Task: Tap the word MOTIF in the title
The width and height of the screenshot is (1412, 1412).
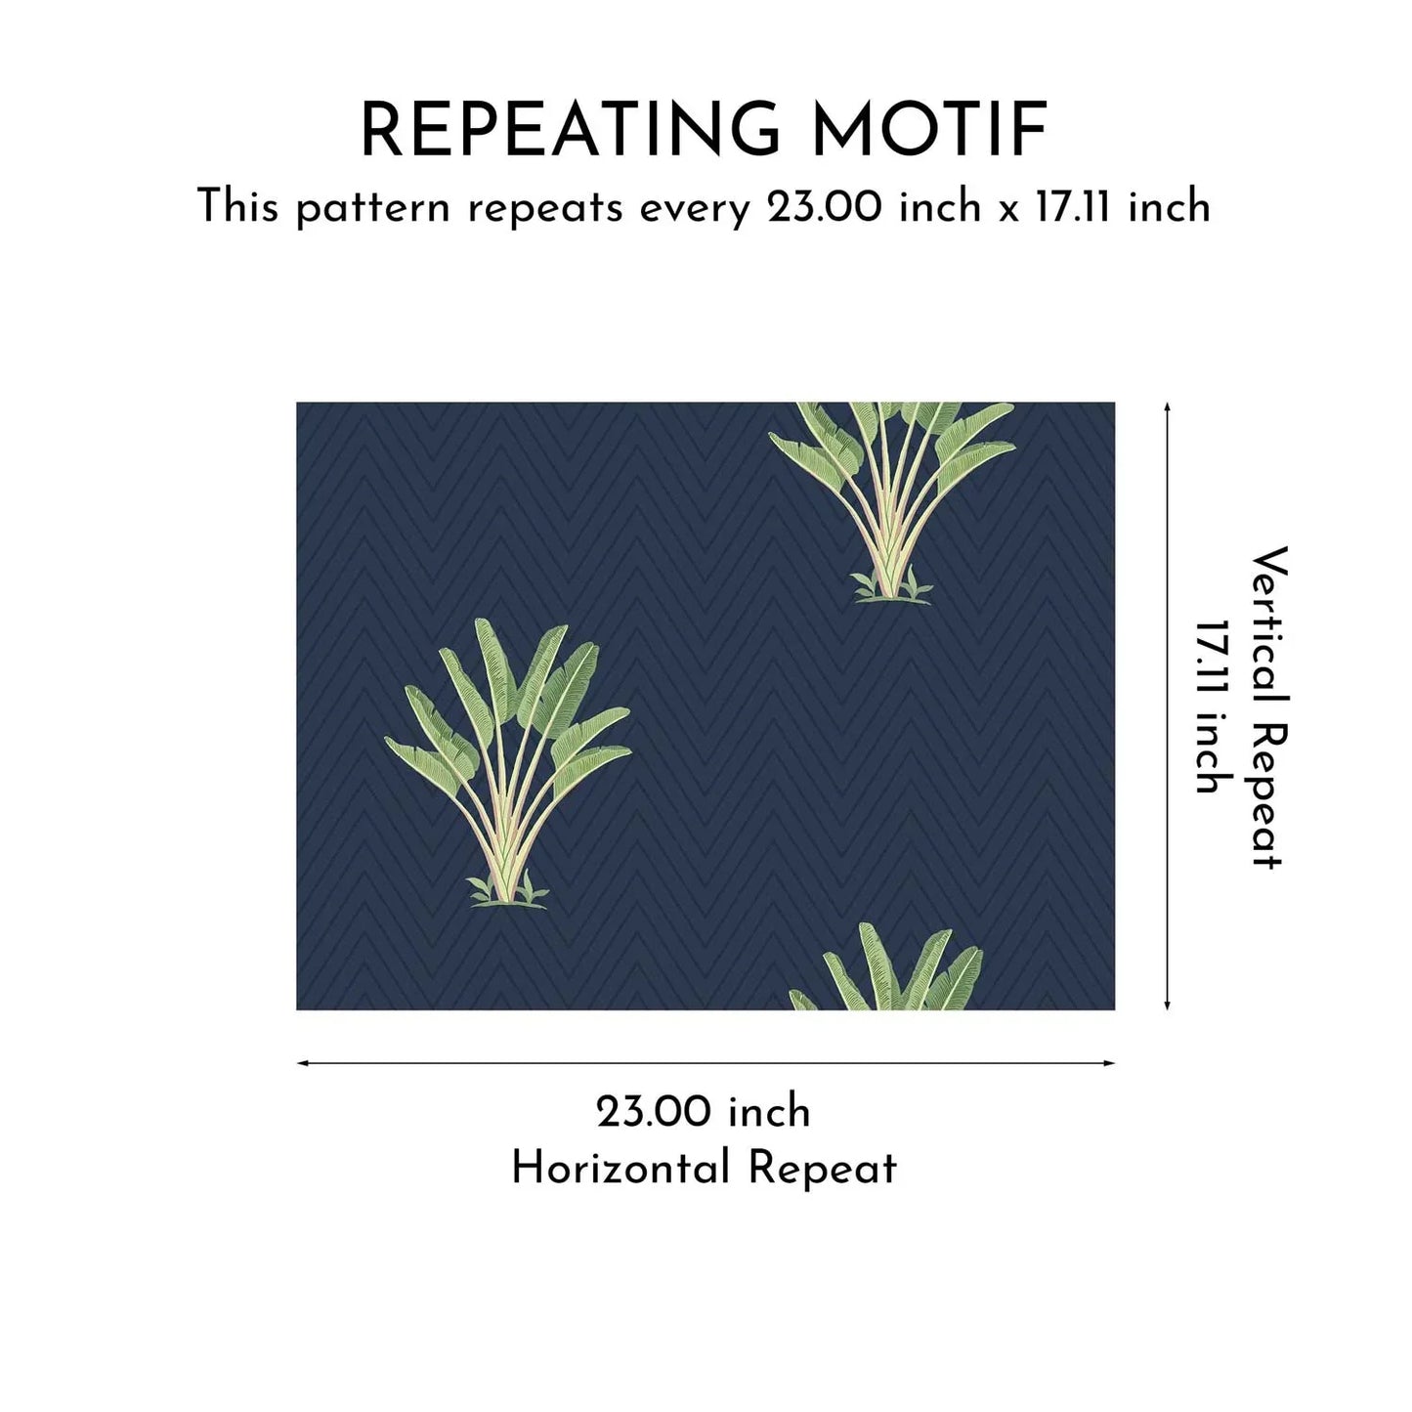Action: pos(930,131)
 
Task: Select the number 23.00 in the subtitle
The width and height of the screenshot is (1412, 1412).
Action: pos(824,207)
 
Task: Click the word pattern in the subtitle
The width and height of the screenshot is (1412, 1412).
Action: pos(373,210)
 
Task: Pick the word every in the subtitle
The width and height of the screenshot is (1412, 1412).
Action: pos(696,211)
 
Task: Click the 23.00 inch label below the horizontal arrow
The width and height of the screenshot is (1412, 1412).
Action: pos(704,1112)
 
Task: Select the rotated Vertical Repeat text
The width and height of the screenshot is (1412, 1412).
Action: pos(1268,707)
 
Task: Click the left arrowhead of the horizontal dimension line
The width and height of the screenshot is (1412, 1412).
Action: pos(300,1062)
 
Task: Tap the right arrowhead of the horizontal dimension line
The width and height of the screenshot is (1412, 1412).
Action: pos(1110,1062)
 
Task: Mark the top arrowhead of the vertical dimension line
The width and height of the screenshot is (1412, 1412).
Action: pos(1168,406)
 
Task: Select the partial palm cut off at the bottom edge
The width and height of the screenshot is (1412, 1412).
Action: pos(887,967)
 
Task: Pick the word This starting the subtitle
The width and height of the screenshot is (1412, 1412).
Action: pos(238,207)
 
